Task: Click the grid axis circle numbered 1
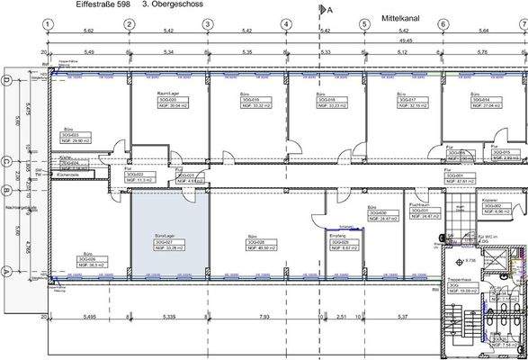coord(50,24)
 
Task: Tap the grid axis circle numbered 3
coord(208,24)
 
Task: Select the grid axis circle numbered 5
coord(364,24)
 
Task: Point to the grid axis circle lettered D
coord(8,83)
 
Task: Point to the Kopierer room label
coord(490,200)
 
